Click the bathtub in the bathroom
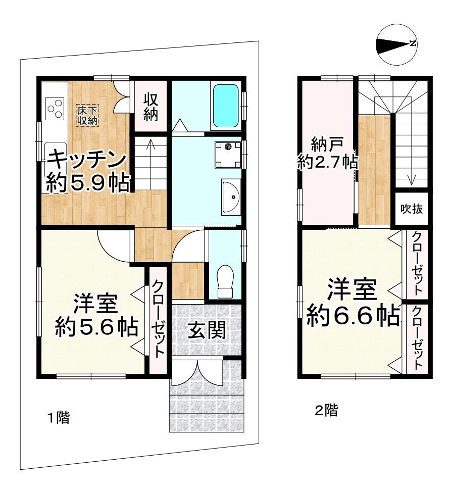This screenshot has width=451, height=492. coord(225,106)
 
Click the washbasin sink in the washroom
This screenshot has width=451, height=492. coord(231,197)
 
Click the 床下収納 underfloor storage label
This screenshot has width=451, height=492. coord(88,115)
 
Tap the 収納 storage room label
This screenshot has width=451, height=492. coord(151,107)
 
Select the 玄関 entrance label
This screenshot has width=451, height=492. coord(207,330)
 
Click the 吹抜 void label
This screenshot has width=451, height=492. coord(412,208)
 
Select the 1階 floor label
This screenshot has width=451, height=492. coord(58,418)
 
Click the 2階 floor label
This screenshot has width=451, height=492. coord(326,410)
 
